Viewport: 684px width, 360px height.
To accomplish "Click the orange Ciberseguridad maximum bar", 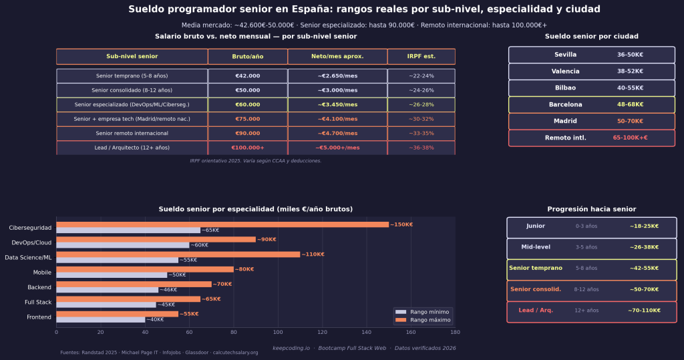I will pos(222,224).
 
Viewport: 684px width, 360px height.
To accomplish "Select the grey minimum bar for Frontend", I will pos(100,320).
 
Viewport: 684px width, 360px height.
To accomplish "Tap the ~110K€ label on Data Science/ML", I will pos(313,254).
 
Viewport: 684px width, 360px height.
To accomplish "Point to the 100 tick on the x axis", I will pos(278,331).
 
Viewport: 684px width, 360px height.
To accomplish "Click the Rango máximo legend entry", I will pos(427,320).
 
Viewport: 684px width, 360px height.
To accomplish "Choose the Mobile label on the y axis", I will pos(42,273).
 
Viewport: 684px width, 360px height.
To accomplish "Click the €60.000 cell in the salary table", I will pos(247,105).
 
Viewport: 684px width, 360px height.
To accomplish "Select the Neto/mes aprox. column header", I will pos(337,57).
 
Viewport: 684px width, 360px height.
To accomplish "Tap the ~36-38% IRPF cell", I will pos(421,148).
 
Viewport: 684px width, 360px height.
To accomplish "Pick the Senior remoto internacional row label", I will pos(132,134).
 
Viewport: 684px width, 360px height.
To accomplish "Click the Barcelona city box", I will pos(592,105).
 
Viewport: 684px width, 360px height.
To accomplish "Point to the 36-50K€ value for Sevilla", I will pos(630,55).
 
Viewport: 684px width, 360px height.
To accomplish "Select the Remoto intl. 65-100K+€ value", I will pos(630,138).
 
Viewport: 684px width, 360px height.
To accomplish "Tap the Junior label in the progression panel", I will pos(535,226).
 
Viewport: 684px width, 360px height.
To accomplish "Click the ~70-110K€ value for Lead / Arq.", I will pos(644,311).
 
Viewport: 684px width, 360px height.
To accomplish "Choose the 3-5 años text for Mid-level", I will pos(586,247).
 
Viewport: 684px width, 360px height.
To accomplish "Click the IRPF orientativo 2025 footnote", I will pos(256,161).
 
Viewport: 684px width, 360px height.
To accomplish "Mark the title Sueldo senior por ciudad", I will pos(591,37).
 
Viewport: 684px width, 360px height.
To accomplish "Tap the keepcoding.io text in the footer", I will pos(291,348).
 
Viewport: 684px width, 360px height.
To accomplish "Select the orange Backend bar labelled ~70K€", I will pos(134,284).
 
